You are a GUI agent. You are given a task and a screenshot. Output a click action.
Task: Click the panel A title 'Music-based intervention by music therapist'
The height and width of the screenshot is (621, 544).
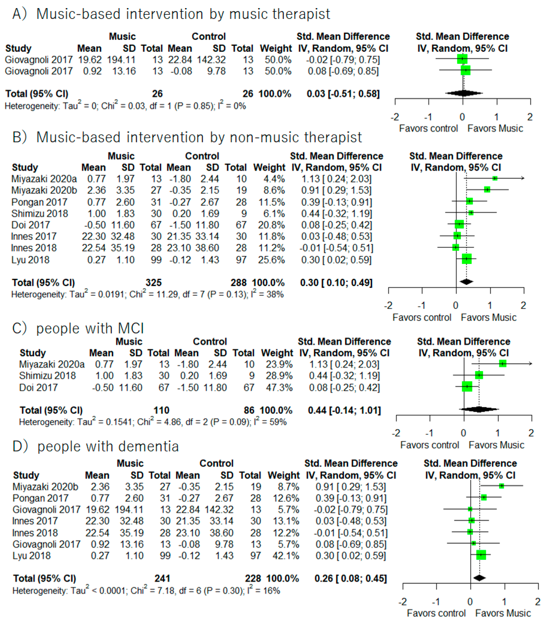pyautogui.click(x=183, y=14)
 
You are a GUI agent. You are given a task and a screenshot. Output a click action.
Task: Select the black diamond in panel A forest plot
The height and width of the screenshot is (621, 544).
pyautogui.click(x=464, y=93)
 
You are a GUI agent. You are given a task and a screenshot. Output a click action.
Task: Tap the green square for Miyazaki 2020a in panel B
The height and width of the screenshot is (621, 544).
pyautogui.click(x=495, y=178)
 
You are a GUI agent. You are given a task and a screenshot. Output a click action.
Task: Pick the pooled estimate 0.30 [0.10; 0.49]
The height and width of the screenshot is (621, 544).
pyautogui.click(x=336, y=283)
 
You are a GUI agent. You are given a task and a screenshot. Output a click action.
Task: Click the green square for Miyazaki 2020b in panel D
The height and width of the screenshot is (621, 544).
pyautogui.click(x=501, y=486)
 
